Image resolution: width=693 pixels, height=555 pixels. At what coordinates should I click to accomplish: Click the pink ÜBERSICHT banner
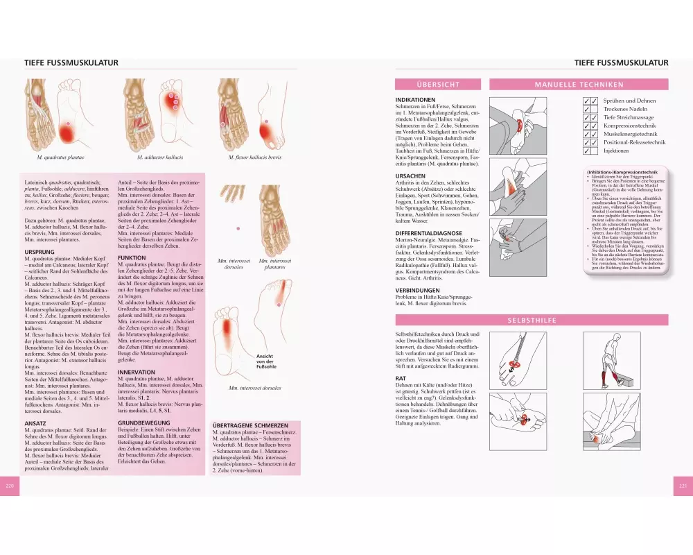click(x=438, y=85)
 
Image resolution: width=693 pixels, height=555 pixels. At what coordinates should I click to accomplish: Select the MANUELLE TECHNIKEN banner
click(x=579, y=85)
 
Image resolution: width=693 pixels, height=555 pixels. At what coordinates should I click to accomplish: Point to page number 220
click(x=10, y=486)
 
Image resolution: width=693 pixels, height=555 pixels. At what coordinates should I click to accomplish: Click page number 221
click(x=681, y=486)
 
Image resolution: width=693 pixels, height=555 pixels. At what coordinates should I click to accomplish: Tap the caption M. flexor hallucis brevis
click(x=256, y=157)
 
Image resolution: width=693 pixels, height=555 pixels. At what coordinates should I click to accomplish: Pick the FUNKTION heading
click(x=132, y=257)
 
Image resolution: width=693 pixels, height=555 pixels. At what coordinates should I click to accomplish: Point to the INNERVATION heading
click(x=137, y=372)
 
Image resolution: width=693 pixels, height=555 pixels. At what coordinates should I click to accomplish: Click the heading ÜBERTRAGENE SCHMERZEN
click(x=250, y=425)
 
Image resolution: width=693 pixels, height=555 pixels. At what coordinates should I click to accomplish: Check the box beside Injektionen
click(x=590, y=150)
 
